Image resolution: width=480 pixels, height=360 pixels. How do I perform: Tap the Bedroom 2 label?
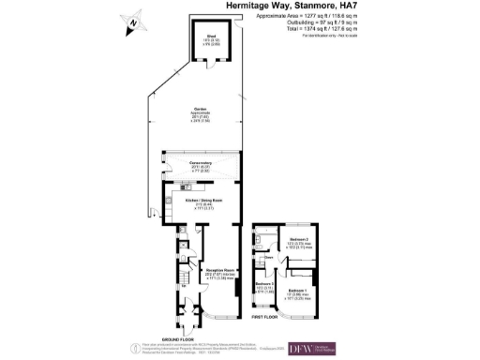coord(299,241)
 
